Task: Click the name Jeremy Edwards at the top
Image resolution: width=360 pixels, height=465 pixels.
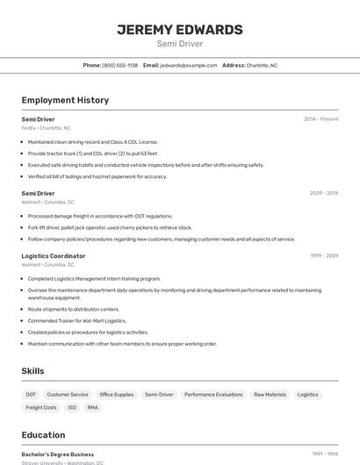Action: (x=180, y=30)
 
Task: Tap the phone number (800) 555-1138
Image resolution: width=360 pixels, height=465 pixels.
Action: (x=120, y=66)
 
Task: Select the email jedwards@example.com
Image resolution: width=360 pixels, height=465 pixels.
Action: (x=188, y=66)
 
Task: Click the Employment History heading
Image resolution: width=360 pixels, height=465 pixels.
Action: (x=65, y=100)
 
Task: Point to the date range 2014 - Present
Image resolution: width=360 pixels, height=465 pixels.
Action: (x=320, y=119)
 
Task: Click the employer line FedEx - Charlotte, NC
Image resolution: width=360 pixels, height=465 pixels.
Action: (x=47, y=128)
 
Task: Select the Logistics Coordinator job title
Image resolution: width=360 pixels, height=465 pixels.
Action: (x=54, y=256)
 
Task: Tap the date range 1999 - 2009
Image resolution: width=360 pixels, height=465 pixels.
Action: (x=324, y=256)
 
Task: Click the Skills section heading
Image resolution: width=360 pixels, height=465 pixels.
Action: (x=33, y=371)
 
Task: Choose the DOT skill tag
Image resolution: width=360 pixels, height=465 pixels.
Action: (x=31, y=395)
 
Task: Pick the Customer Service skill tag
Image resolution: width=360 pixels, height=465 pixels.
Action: (x=68, y=395)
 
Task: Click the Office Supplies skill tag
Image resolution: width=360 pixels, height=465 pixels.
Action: (x=117, y=395)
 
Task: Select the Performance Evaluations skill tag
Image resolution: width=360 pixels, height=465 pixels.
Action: (x=213, y=395)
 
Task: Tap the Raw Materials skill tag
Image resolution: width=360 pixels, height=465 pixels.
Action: (x=270, y=395)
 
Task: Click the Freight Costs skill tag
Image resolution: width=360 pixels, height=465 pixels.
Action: (x=41, y=408)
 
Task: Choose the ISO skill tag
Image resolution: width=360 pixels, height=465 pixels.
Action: (x=72, y=408)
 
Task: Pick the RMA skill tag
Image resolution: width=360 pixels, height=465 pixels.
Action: (x=93, y=408)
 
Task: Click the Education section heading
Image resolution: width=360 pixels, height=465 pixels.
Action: (x=43, y=435)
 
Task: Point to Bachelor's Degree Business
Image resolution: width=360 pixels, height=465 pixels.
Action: (x=58, y=454)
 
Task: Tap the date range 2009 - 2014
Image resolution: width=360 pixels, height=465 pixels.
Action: (x=324, y=193)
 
